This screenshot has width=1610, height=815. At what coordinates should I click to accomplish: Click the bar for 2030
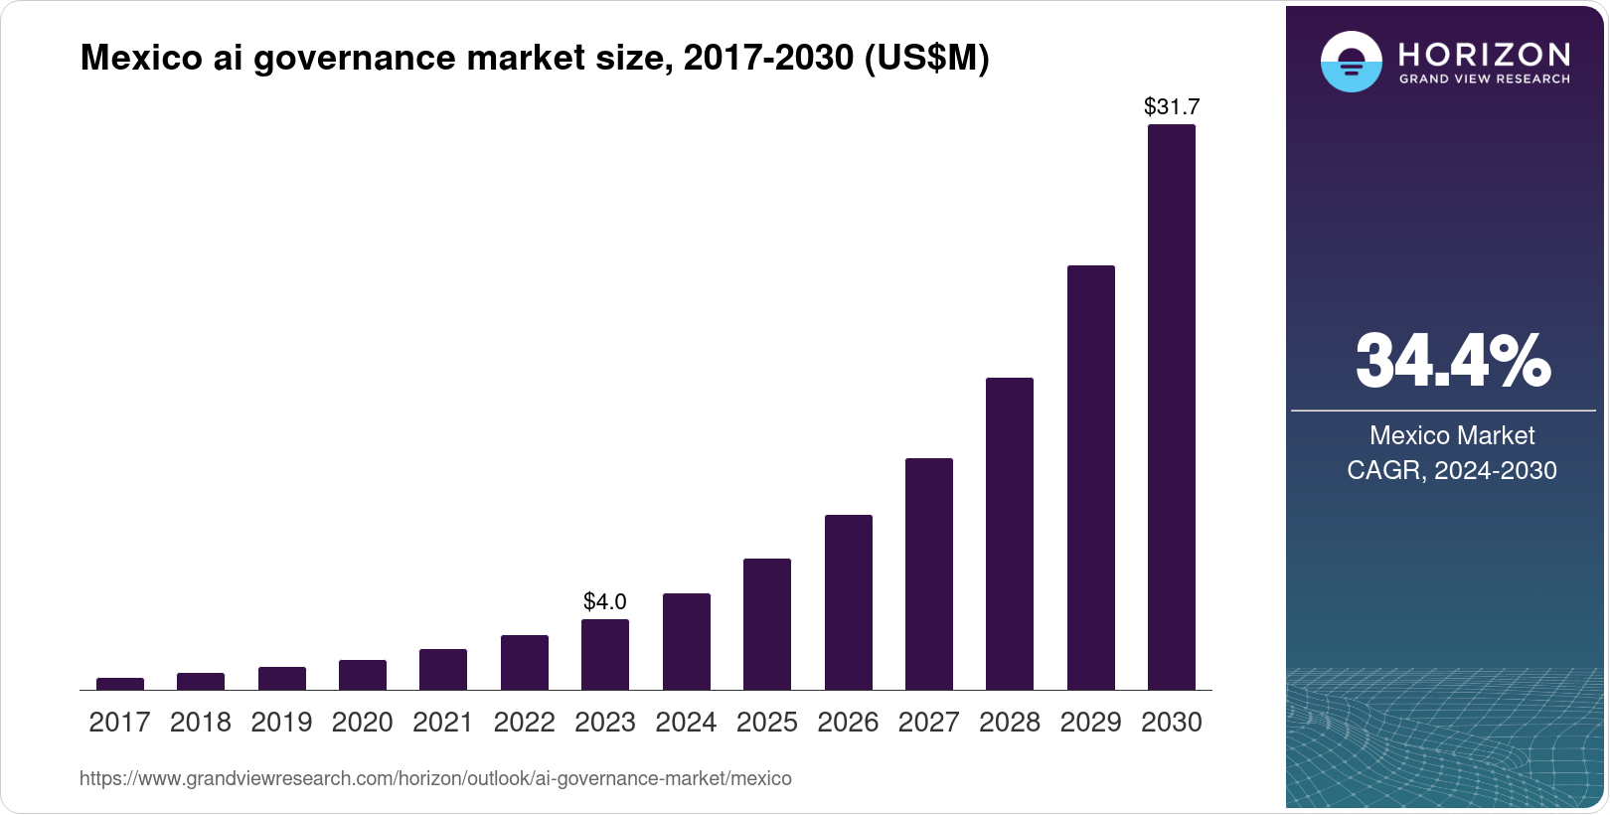[1171, 407]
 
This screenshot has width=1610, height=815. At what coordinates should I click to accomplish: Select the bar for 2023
[604, 655]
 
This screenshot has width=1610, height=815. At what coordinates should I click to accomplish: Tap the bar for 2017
[119, 684]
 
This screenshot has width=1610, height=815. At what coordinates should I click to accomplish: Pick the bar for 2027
[928, 573]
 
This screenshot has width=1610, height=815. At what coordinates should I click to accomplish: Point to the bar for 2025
[766, 624]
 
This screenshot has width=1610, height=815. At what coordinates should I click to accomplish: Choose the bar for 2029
[1090, 477]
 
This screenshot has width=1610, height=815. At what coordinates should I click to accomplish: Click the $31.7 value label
[1172, 106]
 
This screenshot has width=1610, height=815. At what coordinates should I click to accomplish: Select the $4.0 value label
[604, 601]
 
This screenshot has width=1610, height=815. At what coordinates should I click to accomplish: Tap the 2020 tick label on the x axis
[362, 723]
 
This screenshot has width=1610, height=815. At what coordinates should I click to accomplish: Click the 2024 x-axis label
[686, 723]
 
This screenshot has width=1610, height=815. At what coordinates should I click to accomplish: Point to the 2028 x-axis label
[1009, 723]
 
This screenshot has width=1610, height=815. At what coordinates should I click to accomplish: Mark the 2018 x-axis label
[200, 723]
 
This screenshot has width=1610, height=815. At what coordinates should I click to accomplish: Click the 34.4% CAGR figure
[1452, 361]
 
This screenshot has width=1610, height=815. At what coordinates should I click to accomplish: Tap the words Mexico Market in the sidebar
[1451, 435]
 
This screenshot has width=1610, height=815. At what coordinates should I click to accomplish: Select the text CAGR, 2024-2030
[1451, 470]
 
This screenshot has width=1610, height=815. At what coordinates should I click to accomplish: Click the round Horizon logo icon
[1351, 62]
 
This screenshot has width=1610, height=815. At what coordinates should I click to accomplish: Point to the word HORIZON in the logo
[1484, 54]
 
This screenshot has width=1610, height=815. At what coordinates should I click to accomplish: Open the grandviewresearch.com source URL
[435, 779]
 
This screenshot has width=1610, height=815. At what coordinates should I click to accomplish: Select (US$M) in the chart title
[926, 59]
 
